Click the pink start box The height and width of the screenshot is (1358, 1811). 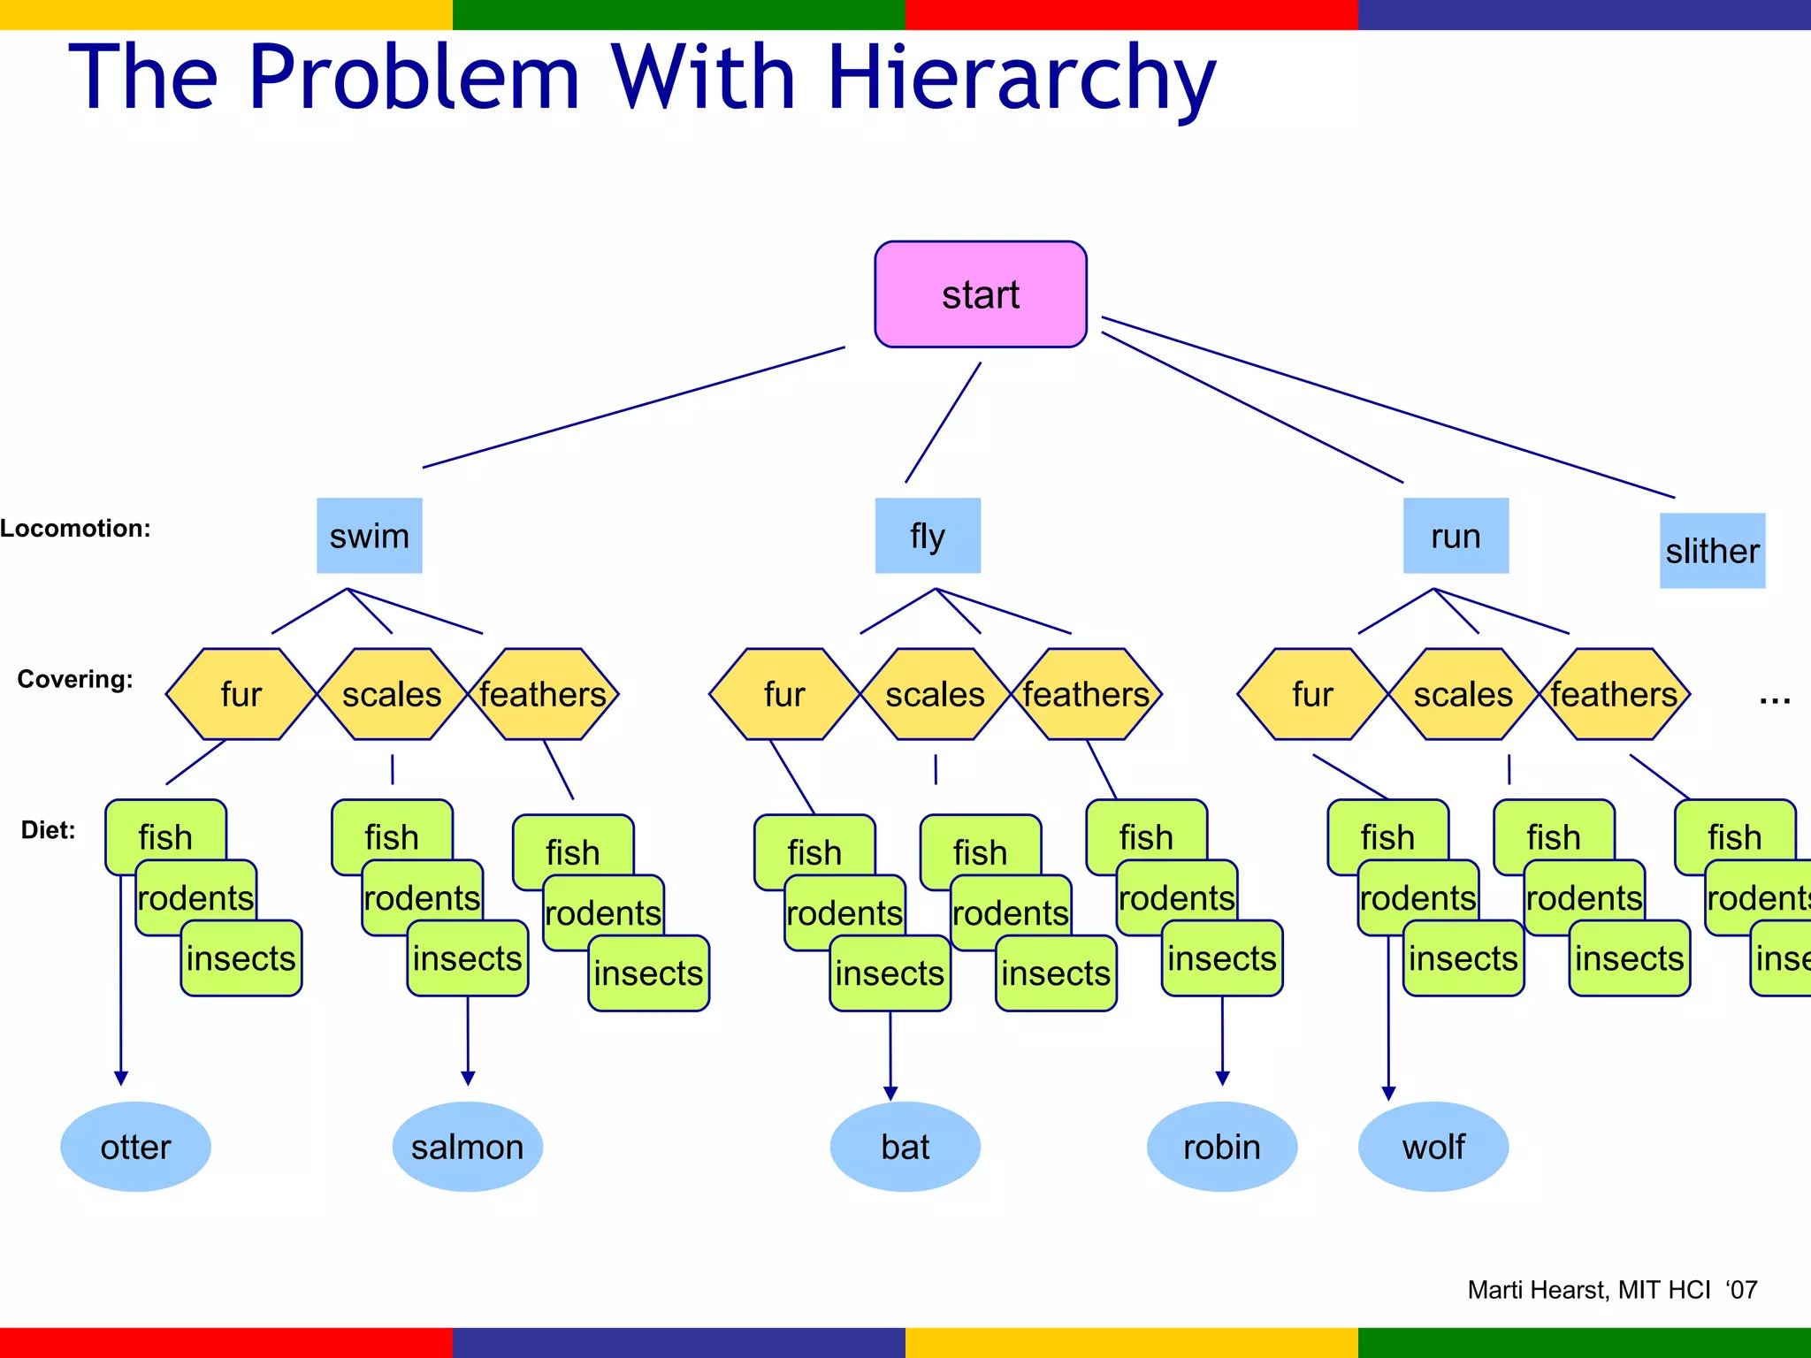coord(980,294)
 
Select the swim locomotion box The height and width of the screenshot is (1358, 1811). coord(370,536)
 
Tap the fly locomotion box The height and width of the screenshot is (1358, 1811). coord(928,536)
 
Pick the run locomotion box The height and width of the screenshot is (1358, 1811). coord(1456,536)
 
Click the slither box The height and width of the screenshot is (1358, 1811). coord(1712,551)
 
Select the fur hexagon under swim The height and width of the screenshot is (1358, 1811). coord(241,694)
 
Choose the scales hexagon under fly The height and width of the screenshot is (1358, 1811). coord(935,694)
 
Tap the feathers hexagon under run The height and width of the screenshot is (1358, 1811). coord(1614,694)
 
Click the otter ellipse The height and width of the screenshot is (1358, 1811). coord(135,1147)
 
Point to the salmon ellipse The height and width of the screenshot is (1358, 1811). coord(467,1147)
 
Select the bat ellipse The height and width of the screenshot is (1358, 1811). coord(905,1147)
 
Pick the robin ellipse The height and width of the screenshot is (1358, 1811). coord(1221,1147)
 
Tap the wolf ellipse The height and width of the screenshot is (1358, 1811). coord(1433,1147)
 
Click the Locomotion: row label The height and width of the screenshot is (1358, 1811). coord(75,529)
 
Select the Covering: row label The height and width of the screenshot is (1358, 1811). coord(75,679)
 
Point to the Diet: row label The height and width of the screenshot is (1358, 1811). coord(48,830)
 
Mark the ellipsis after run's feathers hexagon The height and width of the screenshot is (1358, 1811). coord(1774,701)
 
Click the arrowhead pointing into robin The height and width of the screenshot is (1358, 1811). coord(1222,1078)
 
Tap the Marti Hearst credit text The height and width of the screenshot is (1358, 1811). coord(1612,1290)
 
